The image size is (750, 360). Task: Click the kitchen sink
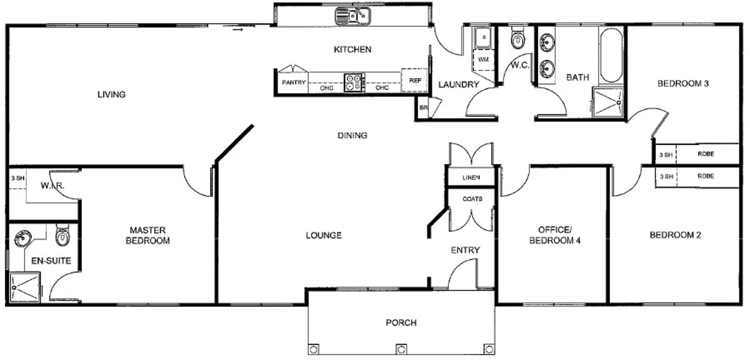pyautogui.click(x=352, y=16)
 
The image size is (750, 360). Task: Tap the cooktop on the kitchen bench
pyautogui.click(x=353, y=82)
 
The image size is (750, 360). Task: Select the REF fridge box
pyautogui.click(x=415, y=81)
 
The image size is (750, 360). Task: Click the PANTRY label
pyautogui.click(x=294, y=82)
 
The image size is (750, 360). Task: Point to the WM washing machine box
pyautogui.click(x=484, y=59)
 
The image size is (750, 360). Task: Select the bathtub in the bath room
pyautogui.click(x=611, y=55)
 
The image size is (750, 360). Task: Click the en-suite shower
pyautogui.click(x=25, y=287)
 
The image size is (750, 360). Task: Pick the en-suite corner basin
pyautogui.click(x=22, y=238)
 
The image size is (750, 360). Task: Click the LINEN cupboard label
pyautogui.click(x=471, y=177)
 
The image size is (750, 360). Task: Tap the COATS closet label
pyautogui.click(x=472, y=199)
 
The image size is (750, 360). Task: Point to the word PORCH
pyautogui.click(x=401, y=322)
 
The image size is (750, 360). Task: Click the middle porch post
pyautogui.click(x=401, y=349)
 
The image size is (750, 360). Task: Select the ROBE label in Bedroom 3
pyautogui.click(x=706, y=154)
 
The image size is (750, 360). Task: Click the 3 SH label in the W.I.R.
pyautogui.click(x=17, y=178)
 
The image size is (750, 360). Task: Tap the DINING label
pyautogui.click(x=352, y=135)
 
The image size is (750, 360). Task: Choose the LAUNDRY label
pyautogui.click(x=459, y=84)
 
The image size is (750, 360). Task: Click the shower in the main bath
pyautogui.click(x=607, y=102)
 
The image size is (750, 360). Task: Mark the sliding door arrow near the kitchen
pyautogui.click(x=237, y=30)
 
